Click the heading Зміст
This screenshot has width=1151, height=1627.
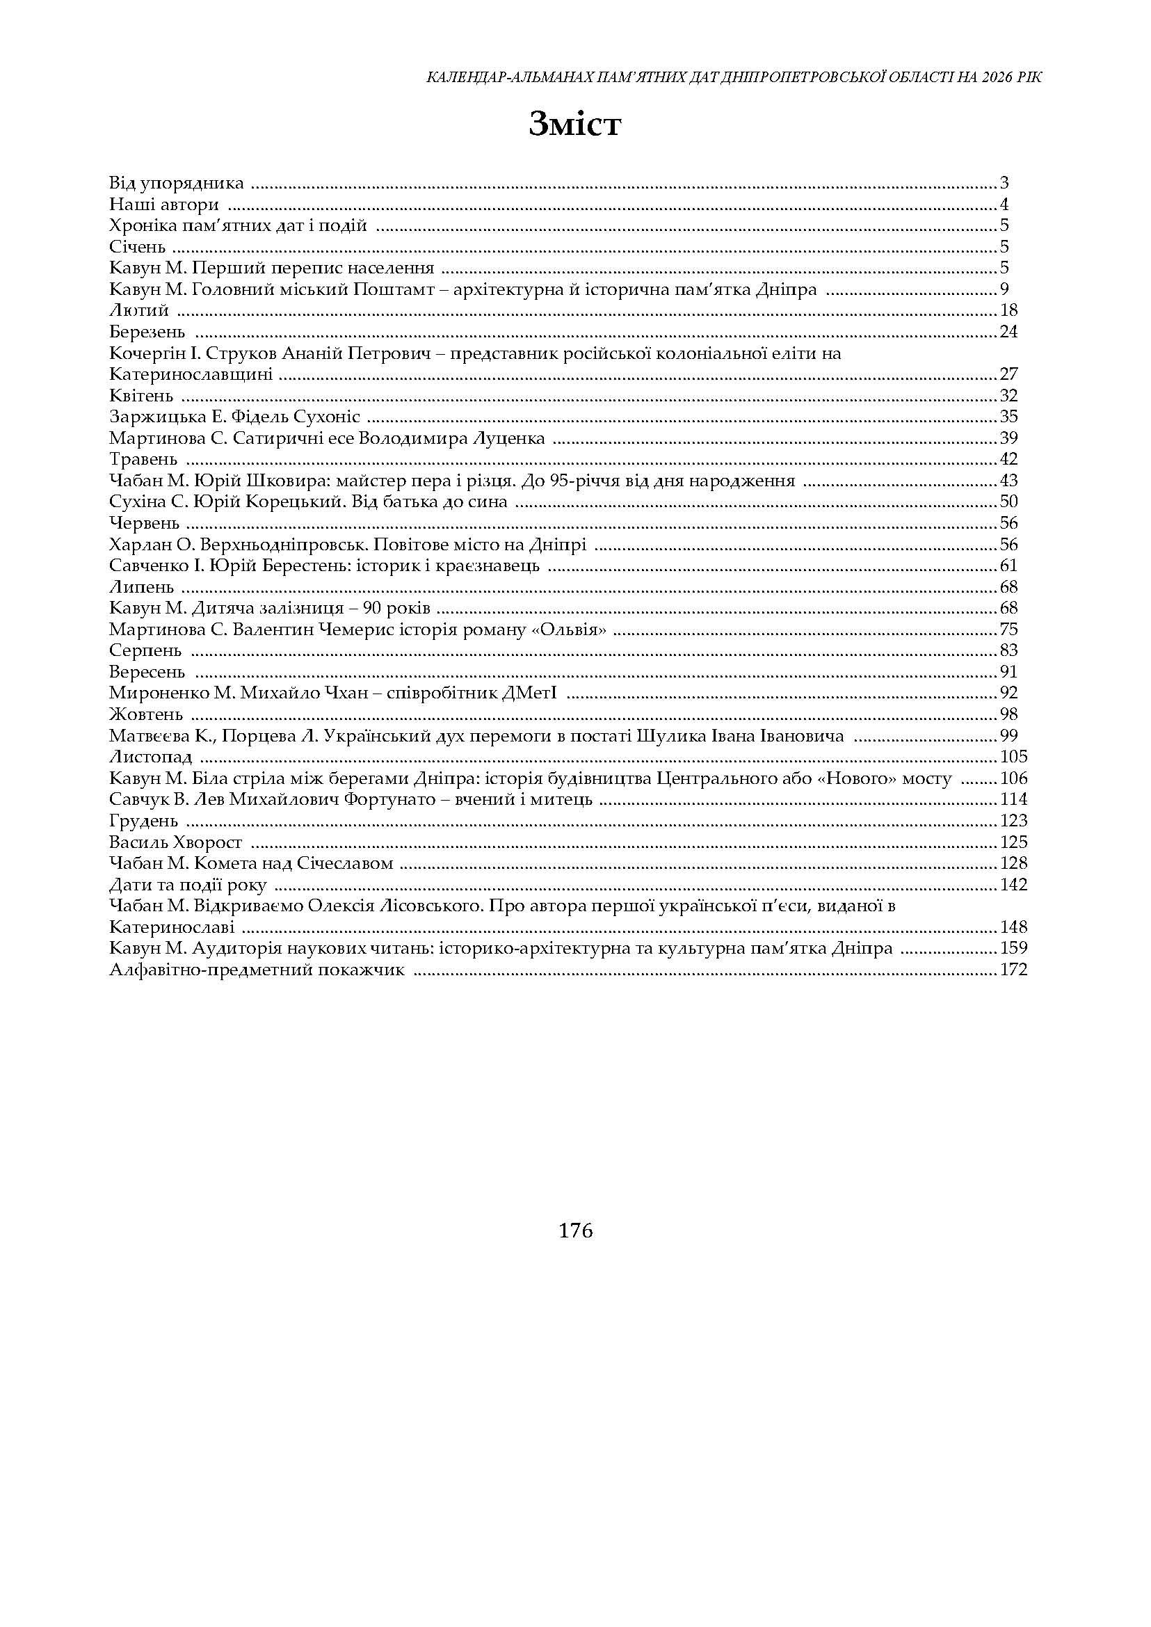(x=574, y=125)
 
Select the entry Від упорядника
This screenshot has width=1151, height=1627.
(x=177, y=183)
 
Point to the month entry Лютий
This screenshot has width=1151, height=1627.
(x=139, y=310)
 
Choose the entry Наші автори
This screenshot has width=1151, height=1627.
(x=164, y=205)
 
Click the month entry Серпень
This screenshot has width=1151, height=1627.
(x=145, y=651)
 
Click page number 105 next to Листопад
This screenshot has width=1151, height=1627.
(x=1013, y=757)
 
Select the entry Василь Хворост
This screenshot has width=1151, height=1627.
(x=176, y=842)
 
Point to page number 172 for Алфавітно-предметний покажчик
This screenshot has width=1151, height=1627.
(x=1013, y=970)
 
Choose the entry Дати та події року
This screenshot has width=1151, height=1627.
(x=188, y=885)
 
